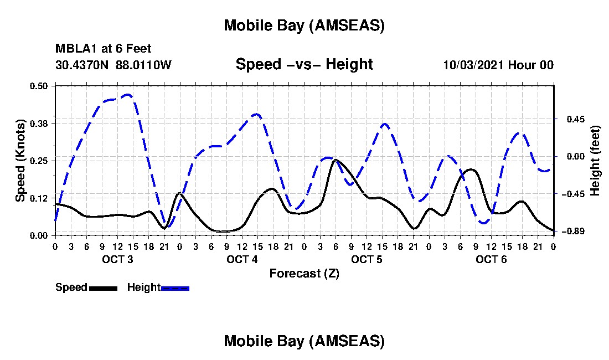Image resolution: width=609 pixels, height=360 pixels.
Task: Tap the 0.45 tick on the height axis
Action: [x=569, y=119]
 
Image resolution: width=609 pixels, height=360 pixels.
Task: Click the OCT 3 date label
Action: [x=117, y=259]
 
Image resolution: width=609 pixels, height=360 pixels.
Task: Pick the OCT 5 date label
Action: [x=367, y=259]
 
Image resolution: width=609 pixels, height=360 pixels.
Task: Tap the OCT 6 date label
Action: [x=492, y=259]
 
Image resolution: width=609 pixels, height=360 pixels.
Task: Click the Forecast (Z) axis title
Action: [x=304, y=273]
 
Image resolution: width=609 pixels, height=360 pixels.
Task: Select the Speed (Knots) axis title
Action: [x=20, y=161]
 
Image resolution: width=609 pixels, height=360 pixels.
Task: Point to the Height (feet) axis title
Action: [x=595, y=161]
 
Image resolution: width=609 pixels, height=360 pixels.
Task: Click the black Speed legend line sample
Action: [x=102, y=288]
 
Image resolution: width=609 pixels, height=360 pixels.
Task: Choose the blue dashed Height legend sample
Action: [x=175, y=288]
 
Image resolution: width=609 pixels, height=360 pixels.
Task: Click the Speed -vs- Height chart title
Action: [x=304, y=65]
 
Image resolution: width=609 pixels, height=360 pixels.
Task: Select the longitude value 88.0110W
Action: [x=143, y=65]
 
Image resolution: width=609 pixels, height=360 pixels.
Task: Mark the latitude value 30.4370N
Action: [x=83, y=65]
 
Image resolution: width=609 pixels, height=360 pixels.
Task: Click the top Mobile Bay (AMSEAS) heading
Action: [x=304, y=25]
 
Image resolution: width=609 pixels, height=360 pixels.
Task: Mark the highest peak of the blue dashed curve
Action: [x=128, y=95]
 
